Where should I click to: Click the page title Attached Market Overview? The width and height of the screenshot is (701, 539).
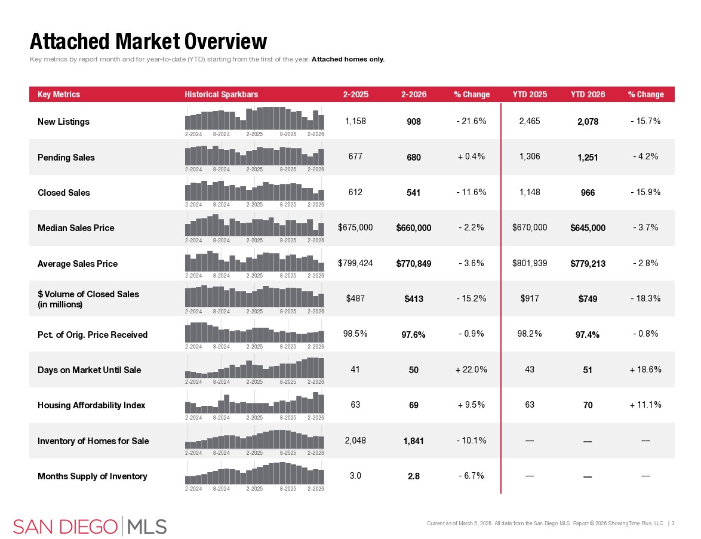point(148,41)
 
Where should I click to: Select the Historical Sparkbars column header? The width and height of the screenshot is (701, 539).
point(221,94)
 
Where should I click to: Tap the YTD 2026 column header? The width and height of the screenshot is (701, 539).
point(588,94)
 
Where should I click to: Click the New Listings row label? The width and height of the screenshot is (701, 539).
point(63,122)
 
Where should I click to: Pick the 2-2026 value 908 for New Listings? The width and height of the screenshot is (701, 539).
point(414,122)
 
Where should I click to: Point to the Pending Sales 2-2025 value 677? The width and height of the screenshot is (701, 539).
point(355,157)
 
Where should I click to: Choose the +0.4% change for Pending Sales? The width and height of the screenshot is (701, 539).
point(471,157)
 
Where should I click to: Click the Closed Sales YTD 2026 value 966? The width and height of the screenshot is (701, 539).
point(588,193)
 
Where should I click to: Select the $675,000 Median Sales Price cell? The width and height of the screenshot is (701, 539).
point(355,227)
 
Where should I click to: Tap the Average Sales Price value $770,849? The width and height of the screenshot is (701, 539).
point(414,264)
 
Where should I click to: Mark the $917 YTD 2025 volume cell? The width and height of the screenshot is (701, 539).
point(530,298)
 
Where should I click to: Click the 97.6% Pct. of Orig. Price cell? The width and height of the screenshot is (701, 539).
point(414,335)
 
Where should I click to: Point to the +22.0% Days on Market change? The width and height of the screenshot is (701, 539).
point(471,369)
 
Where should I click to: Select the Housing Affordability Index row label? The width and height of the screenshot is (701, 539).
point(91,405)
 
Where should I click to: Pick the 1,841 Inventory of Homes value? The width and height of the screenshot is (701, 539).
point(414,441)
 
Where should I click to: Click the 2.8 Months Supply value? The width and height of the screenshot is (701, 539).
point(414,476)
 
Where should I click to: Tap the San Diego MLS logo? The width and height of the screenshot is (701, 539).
point(90,526)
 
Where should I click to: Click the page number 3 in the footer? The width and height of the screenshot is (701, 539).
point(673,523)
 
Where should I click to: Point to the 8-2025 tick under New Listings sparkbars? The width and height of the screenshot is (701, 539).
point(288,134)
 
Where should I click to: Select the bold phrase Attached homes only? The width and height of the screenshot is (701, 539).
point(348,59)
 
